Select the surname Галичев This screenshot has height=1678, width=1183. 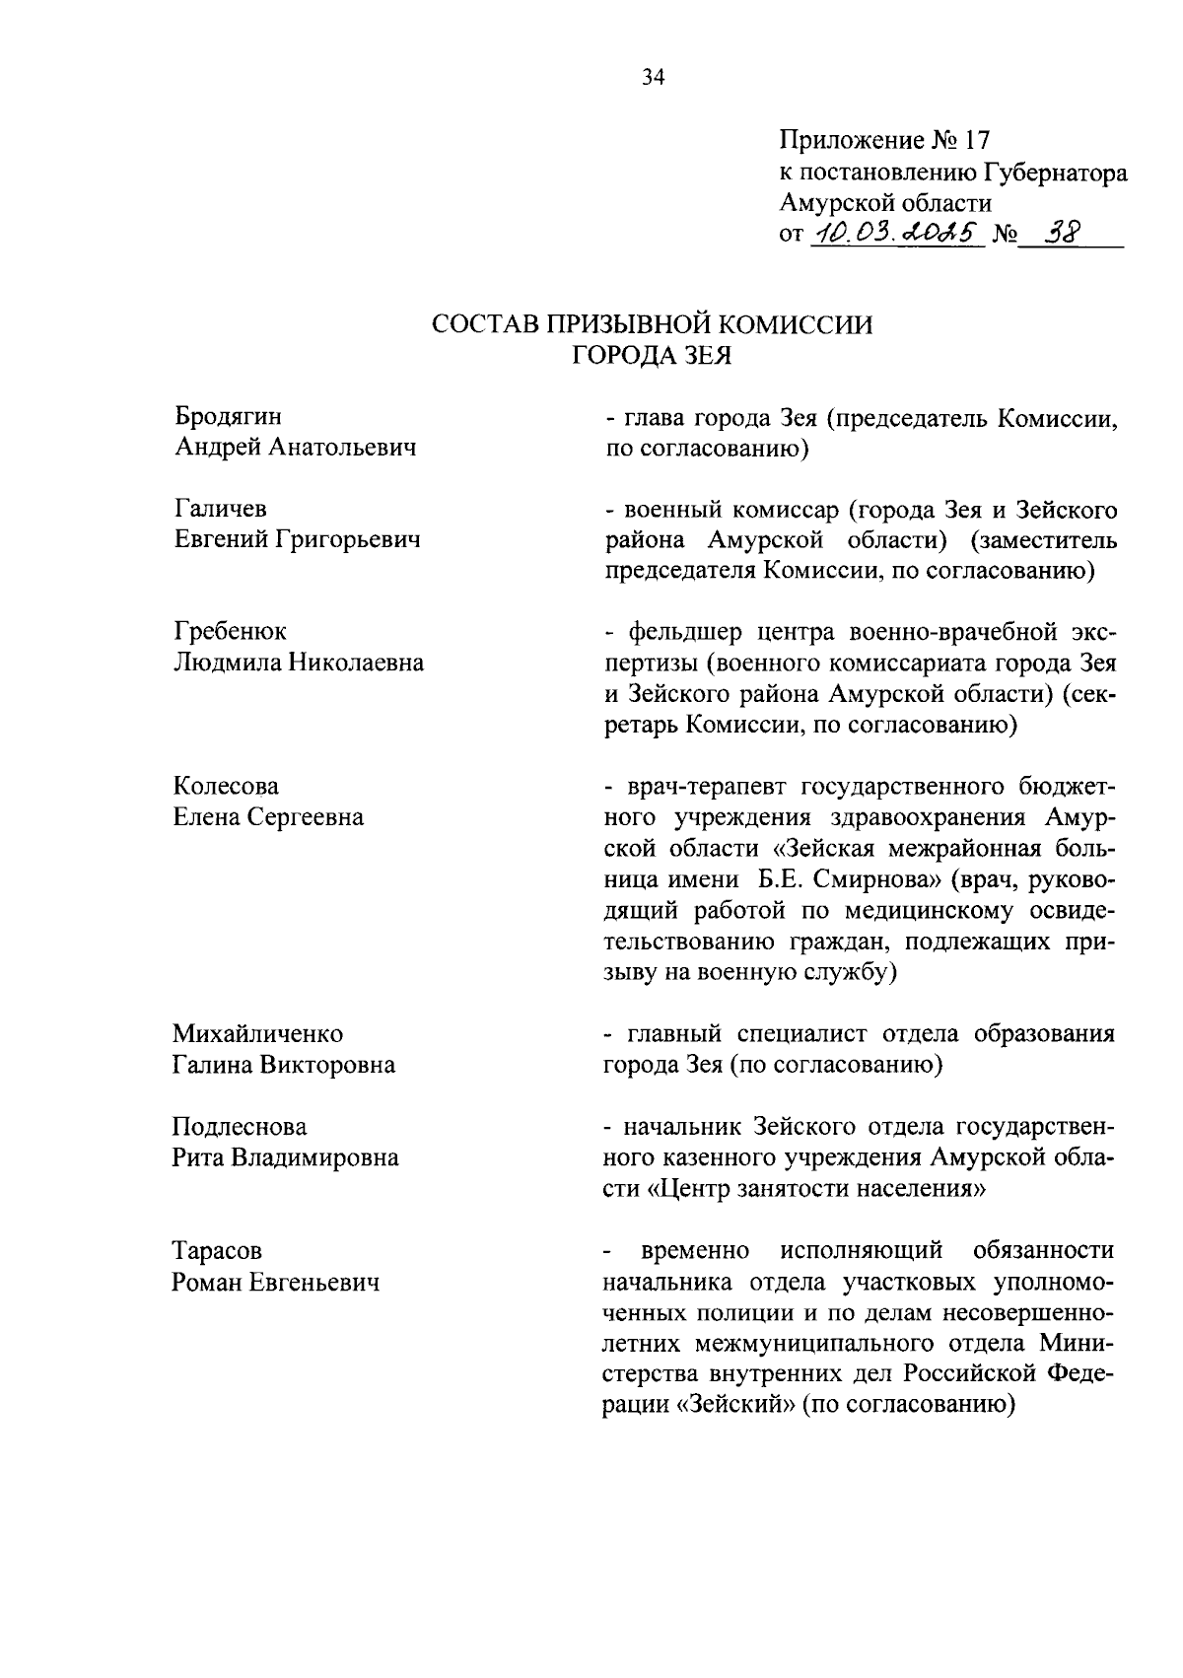click(221, 509)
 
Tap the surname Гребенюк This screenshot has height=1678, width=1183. click(230, 631)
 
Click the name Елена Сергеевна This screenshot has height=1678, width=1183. click(268, 817)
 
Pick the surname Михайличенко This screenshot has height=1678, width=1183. click(258, 1034)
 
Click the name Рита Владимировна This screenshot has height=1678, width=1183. click(285, 1157)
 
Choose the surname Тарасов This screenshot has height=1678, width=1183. click(217, 1251)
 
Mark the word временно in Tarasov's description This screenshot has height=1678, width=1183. click(695, 1251)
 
